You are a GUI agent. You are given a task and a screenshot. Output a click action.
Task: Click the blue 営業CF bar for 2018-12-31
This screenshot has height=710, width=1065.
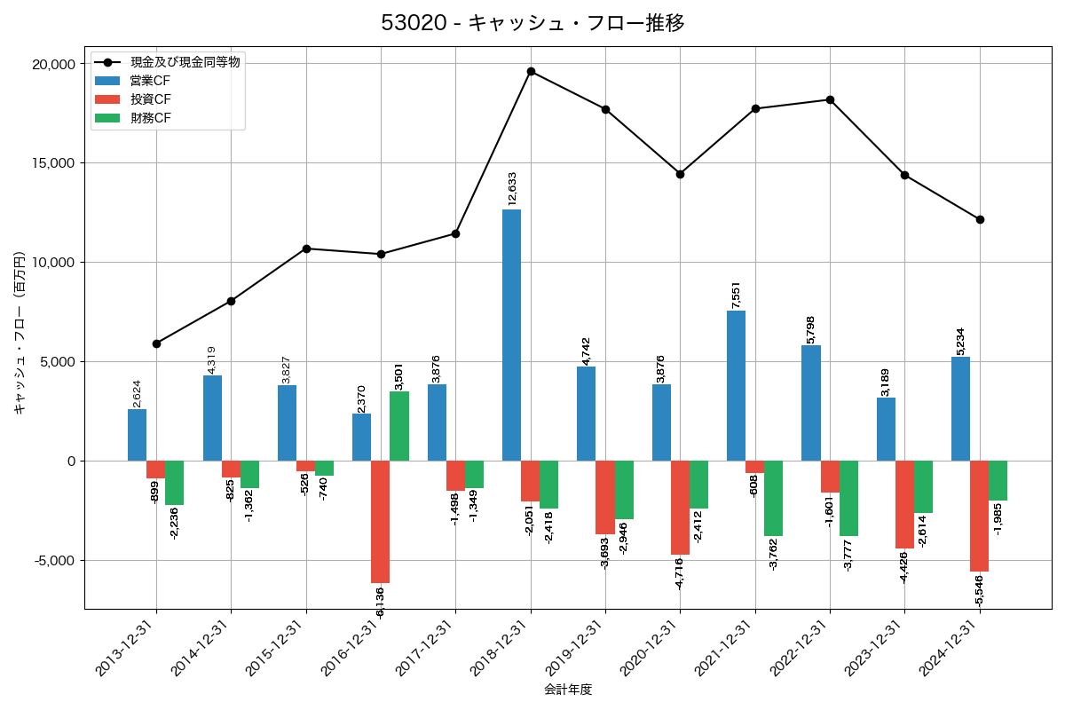click(x=511, y=335)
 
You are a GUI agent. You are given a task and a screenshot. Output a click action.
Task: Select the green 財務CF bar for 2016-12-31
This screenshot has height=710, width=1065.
click(x=399, y=426)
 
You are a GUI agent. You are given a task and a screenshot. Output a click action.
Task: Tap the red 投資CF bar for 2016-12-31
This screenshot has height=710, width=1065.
click(x=381, y=522)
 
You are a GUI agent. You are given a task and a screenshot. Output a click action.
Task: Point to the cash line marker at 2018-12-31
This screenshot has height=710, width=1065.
click(x=531, y=72)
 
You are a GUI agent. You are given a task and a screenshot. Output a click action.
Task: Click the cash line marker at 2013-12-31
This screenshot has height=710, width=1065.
click(x=156, y=343)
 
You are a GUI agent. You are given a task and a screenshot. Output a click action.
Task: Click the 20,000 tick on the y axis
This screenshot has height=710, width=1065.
click(x=53, y=64)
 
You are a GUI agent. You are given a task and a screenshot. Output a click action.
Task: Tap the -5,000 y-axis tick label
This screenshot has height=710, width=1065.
click(x=55, y=561)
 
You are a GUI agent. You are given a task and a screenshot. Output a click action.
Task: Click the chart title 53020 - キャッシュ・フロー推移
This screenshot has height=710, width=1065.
click(x=532, y=23)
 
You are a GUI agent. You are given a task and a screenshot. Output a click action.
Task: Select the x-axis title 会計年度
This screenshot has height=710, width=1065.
click(x=568, y=690)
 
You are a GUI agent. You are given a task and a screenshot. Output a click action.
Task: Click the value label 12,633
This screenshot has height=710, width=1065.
click(x=512, y=189)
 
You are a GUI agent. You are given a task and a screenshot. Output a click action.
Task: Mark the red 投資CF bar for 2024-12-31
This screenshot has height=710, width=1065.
click(x=979, y=517)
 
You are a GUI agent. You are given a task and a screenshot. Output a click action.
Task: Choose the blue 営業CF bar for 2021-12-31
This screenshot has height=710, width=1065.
click(x=736, y=386)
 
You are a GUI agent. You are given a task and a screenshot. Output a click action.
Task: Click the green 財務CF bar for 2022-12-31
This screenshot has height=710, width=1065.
click(x=848, y=499)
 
